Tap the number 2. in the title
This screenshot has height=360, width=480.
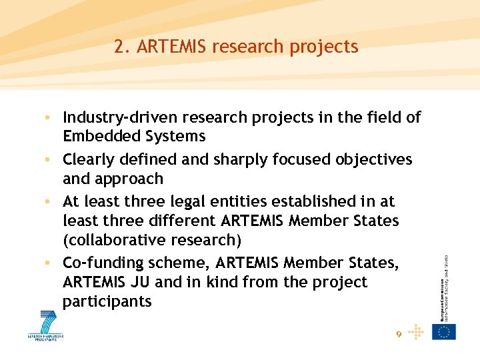point(121,47)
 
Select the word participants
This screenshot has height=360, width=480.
point(107,301)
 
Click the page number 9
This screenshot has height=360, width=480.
point(399,335)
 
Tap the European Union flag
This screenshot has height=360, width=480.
point(444,331)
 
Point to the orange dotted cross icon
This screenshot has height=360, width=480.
point(415,331)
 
